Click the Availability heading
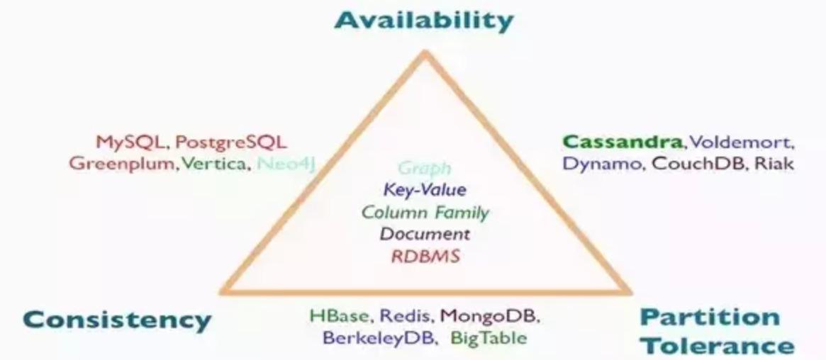[x=423, y=21]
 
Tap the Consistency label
[x=117, y=320]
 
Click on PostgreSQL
[x=230, y=142]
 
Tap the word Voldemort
[x=742, y=142]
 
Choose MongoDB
[x=490, y=315]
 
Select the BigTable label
[x=489, y=337]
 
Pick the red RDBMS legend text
[x=425, y=256]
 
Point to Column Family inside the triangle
[x=425, y=212]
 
